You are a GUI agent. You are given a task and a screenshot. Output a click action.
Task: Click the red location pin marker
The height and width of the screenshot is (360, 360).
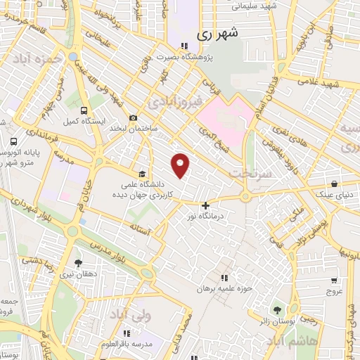coord(181,165)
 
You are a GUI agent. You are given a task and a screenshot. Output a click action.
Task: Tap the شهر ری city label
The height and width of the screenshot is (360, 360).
coord(217,33)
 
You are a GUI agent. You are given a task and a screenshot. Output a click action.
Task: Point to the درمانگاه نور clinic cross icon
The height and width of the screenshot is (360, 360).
coord(205,206)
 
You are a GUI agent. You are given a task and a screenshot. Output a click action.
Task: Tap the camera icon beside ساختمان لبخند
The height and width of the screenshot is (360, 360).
coord(133,118)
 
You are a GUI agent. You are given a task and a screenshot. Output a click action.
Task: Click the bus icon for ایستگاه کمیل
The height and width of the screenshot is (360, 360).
coord(84,110)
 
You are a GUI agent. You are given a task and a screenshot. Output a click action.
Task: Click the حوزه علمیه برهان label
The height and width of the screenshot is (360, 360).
coord(225,288)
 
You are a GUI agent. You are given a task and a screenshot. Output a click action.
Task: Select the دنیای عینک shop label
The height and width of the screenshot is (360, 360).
coord(337,190)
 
